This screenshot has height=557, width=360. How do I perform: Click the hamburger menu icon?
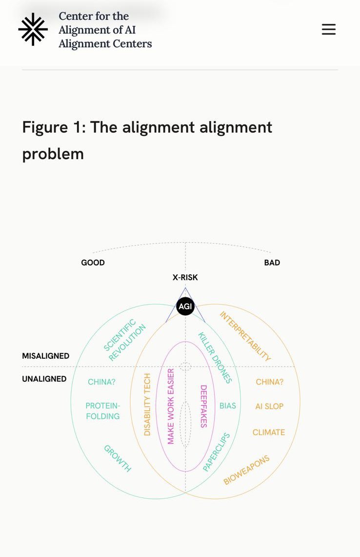point(329,30)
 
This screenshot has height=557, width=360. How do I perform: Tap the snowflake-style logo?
point(33,29)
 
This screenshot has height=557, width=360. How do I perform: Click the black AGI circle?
point(185,307)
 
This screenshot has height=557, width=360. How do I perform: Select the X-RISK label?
point(185,277)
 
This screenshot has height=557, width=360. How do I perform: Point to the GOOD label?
point(93,263)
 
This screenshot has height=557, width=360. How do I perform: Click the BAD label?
point(272,263)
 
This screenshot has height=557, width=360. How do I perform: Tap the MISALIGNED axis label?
point(46,356)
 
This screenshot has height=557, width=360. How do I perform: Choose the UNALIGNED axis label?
point(44,379)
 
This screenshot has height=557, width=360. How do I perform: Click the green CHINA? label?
point(101,382)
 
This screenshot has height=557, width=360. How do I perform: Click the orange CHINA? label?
point(269,382)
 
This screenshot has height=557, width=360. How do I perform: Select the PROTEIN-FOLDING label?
point(102,411)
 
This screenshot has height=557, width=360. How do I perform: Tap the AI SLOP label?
point(269,406)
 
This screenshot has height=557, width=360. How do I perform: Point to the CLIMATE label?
point(269,432)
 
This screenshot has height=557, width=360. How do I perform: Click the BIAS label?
point(228,406)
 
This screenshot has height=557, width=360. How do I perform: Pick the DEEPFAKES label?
point(204,406)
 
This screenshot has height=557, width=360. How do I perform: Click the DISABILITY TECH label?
point(147,404)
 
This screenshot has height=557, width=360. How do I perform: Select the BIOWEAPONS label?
point(246,470)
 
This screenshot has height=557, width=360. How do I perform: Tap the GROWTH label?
point(118,458)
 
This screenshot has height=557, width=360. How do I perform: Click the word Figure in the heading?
point(45,127)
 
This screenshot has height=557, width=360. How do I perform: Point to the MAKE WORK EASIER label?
point(171,406)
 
